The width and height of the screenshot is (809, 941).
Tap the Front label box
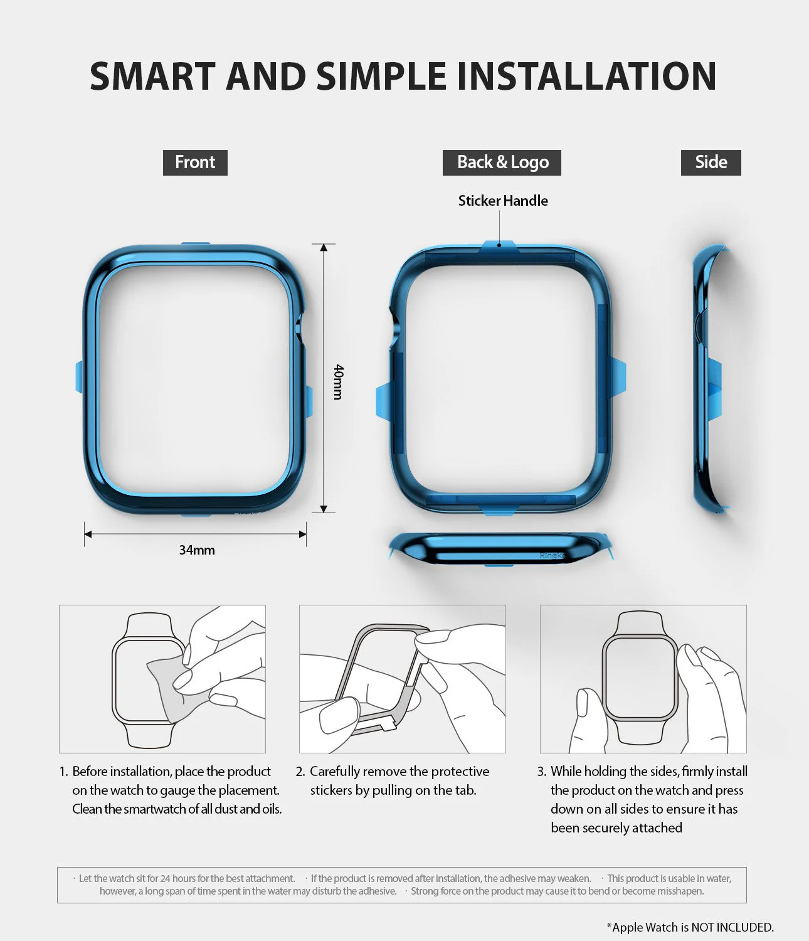click(x=195, y=162)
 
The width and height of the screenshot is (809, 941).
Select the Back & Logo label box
click(x=502, y=162)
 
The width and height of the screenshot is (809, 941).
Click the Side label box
click(x=711, y=162)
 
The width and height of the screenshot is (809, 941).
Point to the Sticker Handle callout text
click(x=503, y=201)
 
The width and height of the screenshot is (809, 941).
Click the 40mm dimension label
click(x=338, y=381)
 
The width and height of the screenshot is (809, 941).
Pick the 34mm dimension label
click(x=197, y=550)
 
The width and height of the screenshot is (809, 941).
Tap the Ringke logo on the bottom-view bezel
click(x=551, y=555)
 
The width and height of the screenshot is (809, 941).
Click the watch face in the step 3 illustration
click(x=640, y=678)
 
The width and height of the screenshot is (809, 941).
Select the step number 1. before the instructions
click(x=63, y=772)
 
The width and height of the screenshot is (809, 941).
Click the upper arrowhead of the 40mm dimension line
click(x=324, y=248)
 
